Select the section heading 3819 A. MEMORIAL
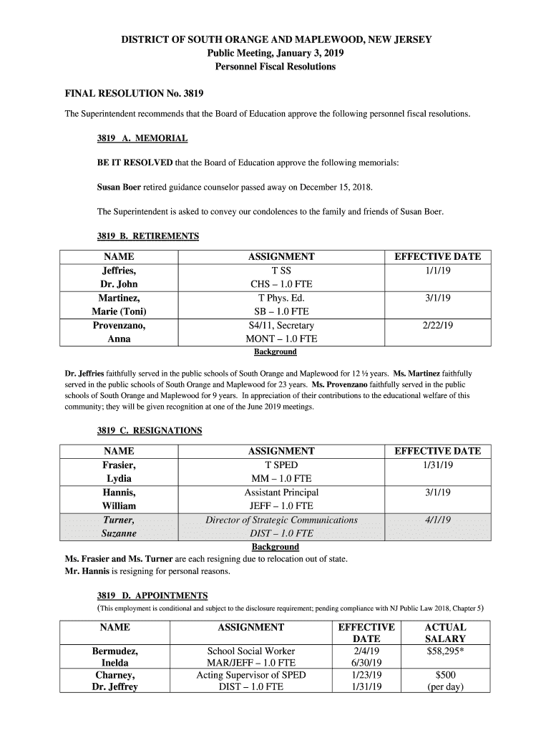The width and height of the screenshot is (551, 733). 142,138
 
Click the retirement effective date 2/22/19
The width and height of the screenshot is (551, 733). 437,326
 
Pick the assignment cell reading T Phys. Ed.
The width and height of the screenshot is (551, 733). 281,298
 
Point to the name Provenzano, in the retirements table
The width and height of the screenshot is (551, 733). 119,326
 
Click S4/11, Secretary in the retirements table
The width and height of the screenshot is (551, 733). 281,326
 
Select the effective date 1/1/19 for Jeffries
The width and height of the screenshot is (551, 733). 437,271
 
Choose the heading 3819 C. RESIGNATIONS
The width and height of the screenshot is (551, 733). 150,431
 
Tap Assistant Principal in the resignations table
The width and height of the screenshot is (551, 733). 281,492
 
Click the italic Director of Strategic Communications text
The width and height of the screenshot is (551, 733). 281,520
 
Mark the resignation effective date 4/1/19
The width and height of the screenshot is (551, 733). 437,520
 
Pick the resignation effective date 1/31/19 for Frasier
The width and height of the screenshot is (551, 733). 437,465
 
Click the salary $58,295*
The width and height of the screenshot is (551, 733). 445,651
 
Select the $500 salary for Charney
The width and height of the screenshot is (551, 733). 445,675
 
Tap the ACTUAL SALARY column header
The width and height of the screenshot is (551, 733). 445,633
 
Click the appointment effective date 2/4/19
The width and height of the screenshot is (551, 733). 366,651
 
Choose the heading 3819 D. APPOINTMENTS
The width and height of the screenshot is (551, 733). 152,596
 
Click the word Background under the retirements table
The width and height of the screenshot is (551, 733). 275,352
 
